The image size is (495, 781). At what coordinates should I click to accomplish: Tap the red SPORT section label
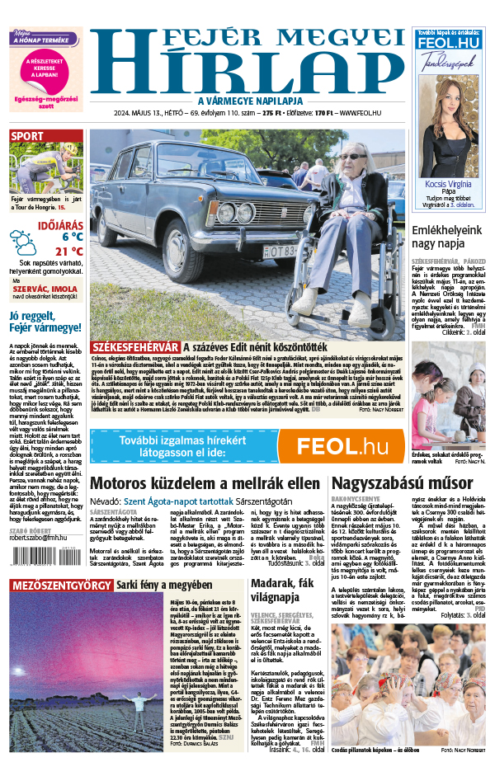[28, 137]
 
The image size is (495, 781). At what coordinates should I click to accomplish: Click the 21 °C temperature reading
[69, 252]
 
